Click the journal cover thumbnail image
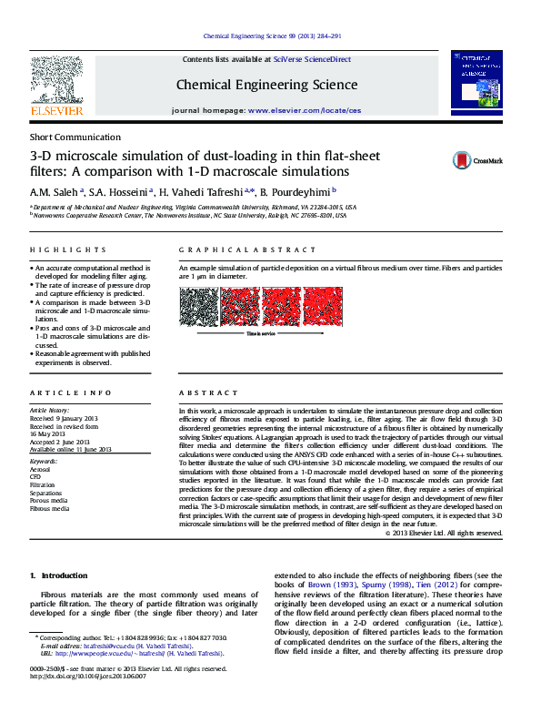476,86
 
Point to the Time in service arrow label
261,333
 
